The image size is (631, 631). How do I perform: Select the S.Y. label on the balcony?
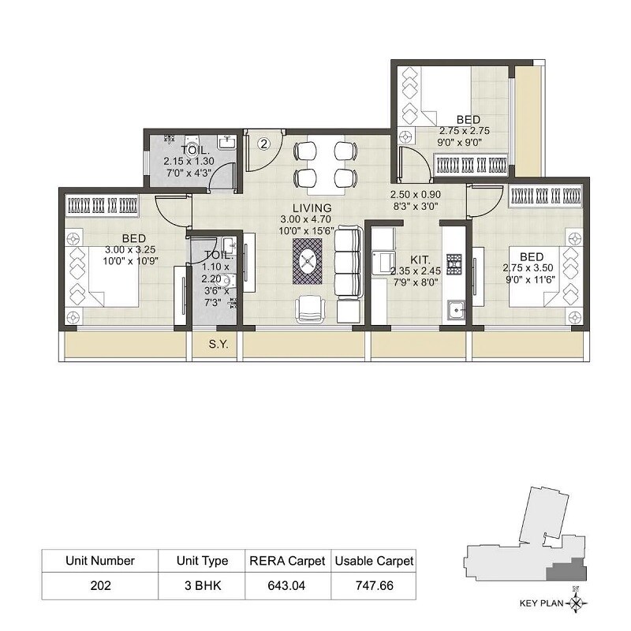coord(218,344)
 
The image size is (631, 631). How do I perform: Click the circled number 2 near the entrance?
coord(264,144)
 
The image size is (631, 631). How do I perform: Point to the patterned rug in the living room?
coord(307,260)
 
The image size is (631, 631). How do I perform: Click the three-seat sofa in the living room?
coord(348,261)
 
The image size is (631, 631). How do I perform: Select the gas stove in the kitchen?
coord(454,263)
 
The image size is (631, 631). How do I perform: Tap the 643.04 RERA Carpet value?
coord(287,585)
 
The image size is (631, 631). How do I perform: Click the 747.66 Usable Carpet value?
coord(374,585)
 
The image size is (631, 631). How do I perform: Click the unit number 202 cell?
coord(100,585)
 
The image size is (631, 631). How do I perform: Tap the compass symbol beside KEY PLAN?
coord(581,605)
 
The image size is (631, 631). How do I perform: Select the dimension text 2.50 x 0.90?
coord(414,194)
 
